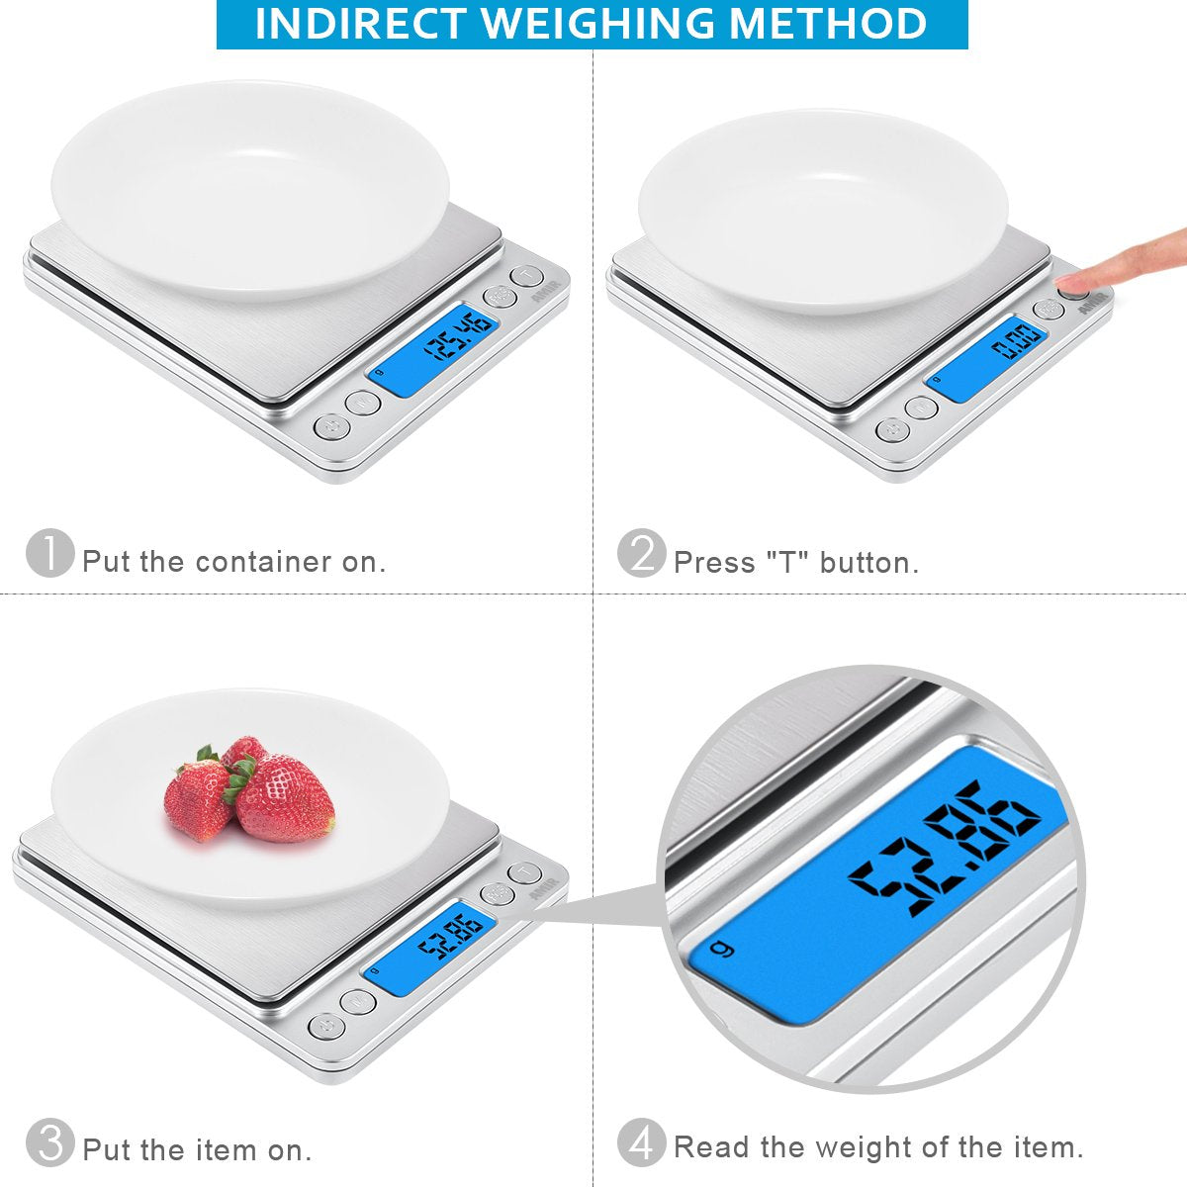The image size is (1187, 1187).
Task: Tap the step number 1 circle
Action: pyautogui.click(x=49, y=554)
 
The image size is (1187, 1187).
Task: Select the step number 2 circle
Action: pyautogui.click(x=641, y=554)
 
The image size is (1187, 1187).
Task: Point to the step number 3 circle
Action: pyautogui.click(x=49, y=1143)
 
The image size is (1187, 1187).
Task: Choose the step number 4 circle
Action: pyautogui.click(x=641, y=1143)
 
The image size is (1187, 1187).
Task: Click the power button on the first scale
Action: pyautogui.click(x=330, y=426)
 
